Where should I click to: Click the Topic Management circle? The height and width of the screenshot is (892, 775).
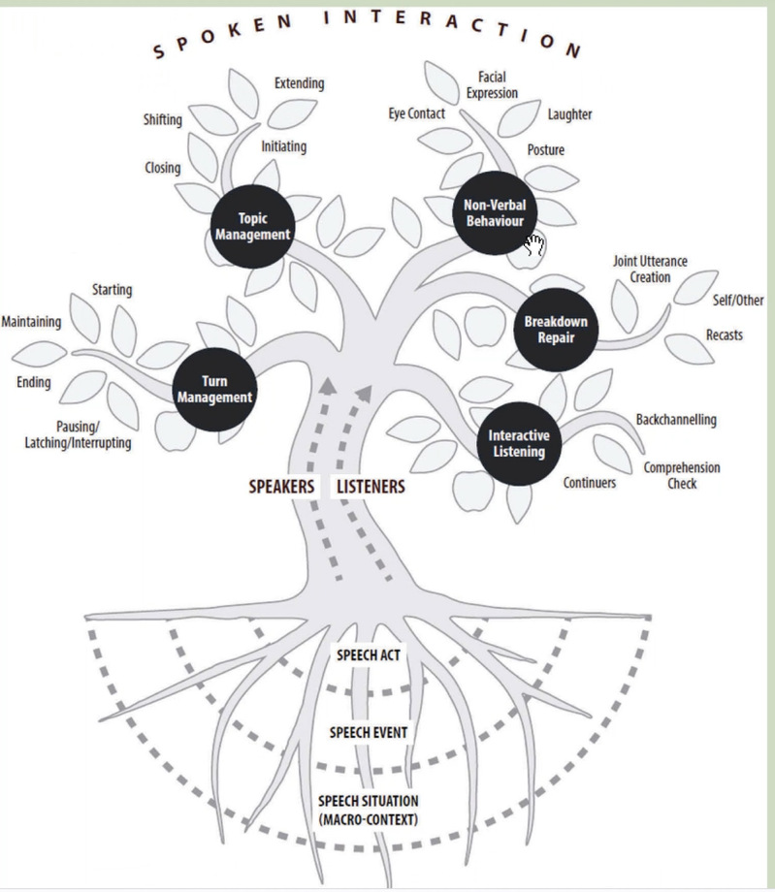pos(251,226)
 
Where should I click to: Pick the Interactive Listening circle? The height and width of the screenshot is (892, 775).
pos(516,442)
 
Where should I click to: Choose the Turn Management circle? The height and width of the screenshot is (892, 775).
pos(214,388)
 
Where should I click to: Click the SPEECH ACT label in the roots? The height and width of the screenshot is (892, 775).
pos(369,655)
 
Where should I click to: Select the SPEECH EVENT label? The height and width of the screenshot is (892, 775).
pos(368,732)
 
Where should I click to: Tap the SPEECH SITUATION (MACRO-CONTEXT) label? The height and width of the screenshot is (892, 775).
pos(368,810)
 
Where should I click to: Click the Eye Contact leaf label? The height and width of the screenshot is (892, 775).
pos(416,113)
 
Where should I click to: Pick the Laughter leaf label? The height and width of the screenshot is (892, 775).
pos(569,114)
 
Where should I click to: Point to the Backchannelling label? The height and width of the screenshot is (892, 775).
pos(676,420)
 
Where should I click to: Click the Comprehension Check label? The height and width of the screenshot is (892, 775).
pos(682,475)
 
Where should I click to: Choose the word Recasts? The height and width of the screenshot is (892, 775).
pos(725,335)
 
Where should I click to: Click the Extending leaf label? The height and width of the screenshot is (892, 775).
pos(299,83)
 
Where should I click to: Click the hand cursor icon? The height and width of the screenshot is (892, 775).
pos(534,244)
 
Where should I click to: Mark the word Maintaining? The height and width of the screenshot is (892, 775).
pos(32,321)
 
